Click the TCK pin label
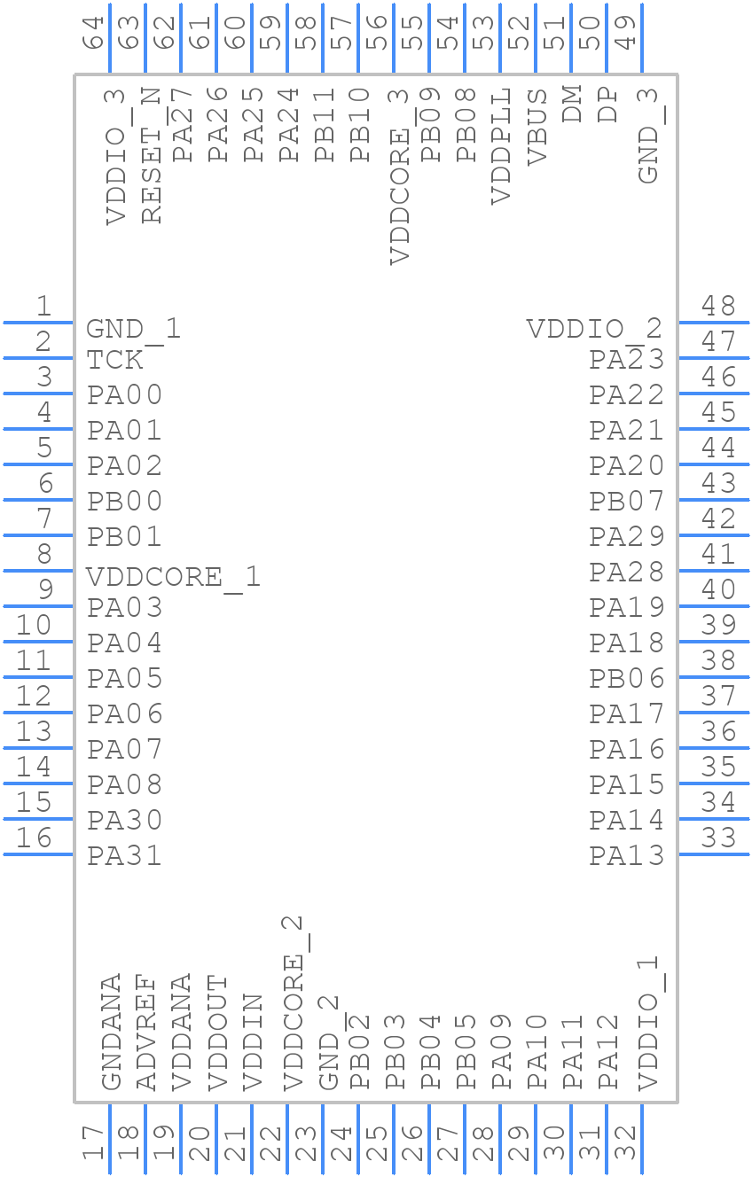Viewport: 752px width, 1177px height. coord(114,360)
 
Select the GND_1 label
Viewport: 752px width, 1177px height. coord(133,330)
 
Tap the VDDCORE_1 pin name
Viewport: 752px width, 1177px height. coord(173,577)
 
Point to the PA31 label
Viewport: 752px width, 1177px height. coord(124,856)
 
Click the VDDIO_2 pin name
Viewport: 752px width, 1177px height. coord(594,330)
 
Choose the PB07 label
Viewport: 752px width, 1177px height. coord(627,502)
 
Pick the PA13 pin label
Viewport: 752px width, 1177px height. coord(627,856)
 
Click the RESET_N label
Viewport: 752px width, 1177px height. coord(152,156)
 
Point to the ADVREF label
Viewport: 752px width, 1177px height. coord(146,1033)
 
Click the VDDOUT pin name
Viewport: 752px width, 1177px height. coord(217,1033)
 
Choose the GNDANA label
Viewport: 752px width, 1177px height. coord(111,1033)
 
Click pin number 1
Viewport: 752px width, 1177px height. coord(43,307)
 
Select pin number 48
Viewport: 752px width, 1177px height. coord(718,307)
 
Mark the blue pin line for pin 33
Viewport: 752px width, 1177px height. coord(713,854)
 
